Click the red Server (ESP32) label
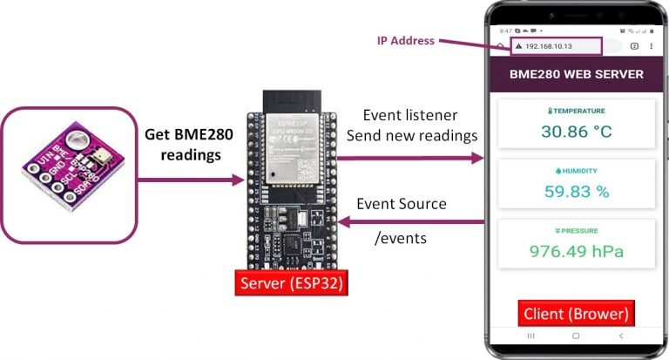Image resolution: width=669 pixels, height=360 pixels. click(287, 283)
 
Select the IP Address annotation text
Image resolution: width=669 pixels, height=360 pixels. click(405, 40)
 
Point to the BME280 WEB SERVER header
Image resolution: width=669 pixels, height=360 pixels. click(576, 74)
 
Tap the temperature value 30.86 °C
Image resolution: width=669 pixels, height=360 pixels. click(576, 132)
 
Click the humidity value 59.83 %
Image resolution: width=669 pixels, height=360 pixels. click(576, 192)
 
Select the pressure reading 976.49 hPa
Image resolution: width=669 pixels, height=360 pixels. click(576, 252)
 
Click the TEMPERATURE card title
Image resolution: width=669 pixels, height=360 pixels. click(576, 112)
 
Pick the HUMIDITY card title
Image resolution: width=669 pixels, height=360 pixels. click(576, 171)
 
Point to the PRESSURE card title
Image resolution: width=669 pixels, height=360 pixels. click(576, 231)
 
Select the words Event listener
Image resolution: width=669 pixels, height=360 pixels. click(409, 115)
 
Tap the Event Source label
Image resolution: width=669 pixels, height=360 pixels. click(402, 204)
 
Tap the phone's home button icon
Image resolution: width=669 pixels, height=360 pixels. click(575, 336)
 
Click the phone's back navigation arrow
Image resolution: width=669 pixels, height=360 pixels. click(620, 336)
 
